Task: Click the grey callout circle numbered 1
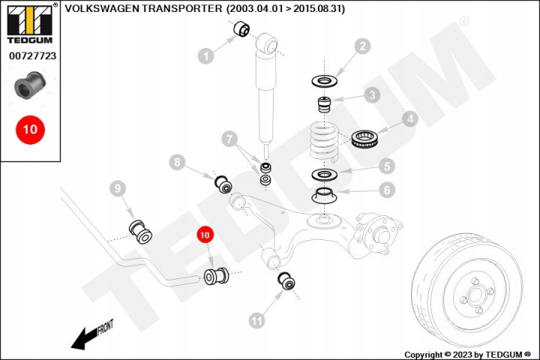coord(206,55)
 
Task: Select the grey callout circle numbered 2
coord(362,46)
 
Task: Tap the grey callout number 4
coord(409,118)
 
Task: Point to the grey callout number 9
coord(118,188)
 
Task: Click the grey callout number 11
coord(257,321)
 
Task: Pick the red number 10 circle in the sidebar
coord(30,130)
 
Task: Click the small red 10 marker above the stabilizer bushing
coord(205,235)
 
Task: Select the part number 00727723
coord(32,55)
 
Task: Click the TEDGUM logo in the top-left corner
coord(30,23)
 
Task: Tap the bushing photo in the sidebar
coord(30,85)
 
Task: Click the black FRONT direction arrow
coord(92,335)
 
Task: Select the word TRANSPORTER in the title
coord(182,8)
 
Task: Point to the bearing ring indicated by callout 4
coord(365,138)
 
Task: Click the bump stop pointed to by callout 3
coord(324,105)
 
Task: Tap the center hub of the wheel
coord(476,295)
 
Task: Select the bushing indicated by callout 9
coord(140,231)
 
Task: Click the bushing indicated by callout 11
coord(286,280)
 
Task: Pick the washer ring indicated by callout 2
coord(324,82)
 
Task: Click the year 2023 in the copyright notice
coord(463,355)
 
